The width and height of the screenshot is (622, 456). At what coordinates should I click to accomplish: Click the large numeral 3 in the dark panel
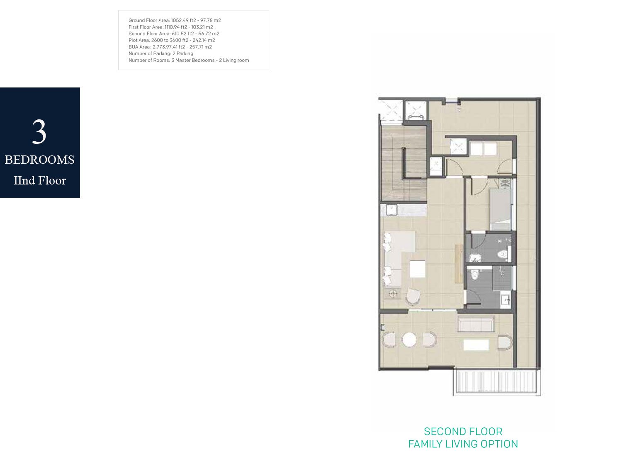[39, 131]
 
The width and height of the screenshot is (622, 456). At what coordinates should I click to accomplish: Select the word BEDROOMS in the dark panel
[40, 160]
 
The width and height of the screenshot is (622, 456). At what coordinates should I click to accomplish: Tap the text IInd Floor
[40, 180]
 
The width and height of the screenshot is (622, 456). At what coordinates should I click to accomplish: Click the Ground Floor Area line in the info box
[175, 20]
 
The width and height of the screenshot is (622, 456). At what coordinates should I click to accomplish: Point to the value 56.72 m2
[209, 34]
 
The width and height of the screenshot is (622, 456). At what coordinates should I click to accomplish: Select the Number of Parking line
[161, 53]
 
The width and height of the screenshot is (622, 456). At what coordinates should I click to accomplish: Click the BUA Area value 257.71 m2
[200, 47]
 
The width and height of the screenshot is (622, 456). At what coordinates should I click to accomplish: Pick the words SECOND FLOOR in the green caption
[463, 432]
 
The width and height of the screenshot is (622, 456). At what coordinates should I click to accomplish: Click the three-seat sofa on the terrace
[476, 324]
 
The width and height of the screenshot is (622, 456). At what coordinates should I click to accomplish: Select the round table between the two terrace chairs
[409, 340]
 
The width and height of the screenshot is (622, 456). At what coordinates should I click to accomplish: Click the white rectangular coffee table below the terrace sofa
[476, 345]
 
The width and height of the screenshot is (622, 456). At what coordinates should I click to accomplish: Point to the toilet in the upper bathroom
[503, 254]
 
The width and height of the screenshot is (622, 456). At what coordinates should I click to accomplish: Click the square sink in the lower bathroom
[505, 300]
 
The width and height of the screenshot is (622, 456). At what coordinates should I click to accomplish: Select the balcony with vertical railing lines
[497, 382]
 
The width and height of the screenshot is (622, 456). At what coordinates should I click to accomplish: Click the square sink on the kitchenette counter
[391, 210]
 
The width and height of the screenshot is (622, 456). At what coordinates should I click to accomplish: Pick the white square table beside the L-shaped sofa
[417, 269]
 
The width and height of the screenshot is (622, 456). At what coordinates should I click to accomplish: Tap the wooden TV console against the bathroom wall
[459, 264]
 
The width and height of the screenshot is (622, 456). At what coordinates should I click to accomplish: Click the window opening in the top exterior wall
[452, 101]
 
